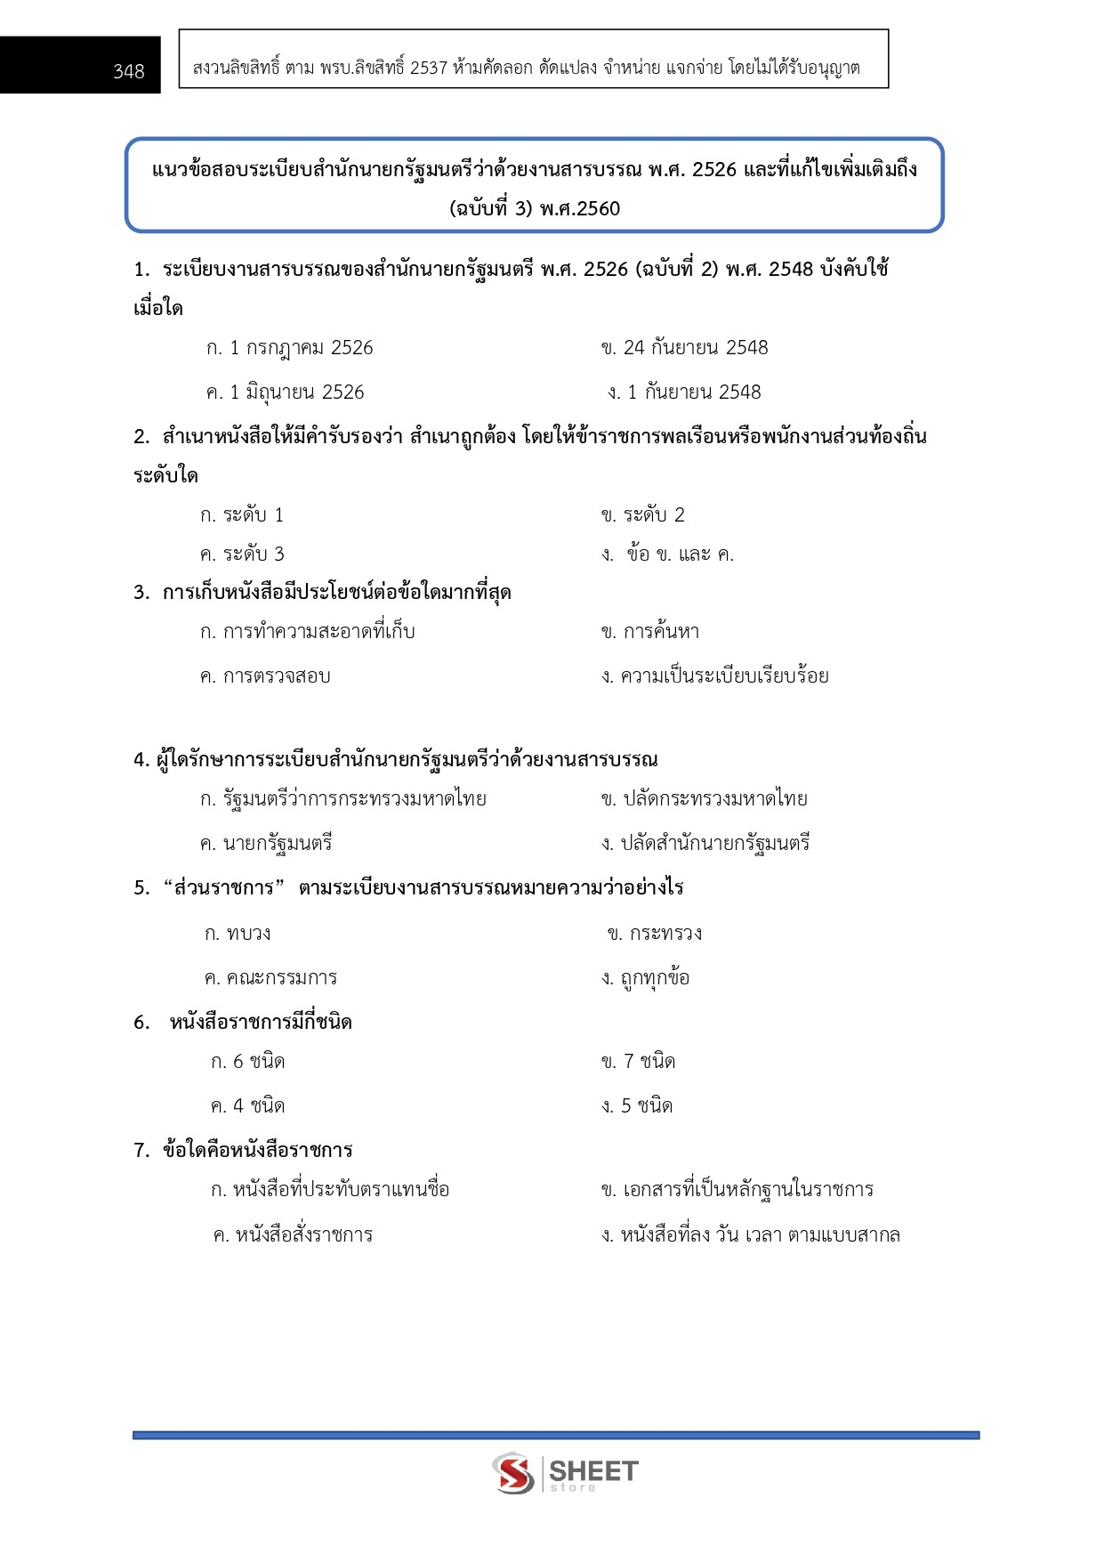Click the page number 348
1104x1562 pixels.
(128, 71)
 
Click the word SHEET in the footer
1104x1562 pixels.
(593, 1470)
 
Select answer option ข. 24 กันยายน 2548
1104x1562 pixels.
(684, 348)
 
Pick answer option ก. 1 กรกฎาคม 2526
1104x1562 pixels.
(289, 348)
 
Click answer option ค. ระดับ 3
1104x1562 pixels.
(242, 554)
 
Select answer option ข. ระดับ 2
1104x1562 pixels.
(642, 515)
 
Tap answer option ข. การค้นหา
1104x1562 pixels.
(649, 632)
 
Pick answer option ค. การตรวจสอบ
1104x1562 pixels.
(265, 676)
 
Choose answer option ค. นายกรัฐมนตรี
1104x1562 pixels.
(266, 844)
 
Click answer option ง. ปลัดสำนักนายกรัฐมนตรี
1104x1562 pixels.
(705, 844)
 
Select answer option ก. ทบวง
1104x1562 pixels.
(238, 934)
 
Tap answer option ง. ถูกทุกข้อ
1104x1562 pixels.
(645, 978)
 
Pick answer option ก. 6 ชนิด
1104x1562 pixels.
(247, 1062)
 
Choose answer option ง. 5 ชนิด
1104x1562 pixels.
(637, 1106)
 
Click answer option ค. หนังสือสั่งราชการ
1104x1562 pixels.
(293, 1235)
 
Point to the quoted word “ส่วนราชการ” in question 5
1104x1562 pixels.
(223, 888)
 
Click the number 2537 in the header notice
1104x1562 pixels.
(429, 68)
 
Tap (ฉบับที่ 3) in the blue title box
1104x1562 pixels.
(491, 209)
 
